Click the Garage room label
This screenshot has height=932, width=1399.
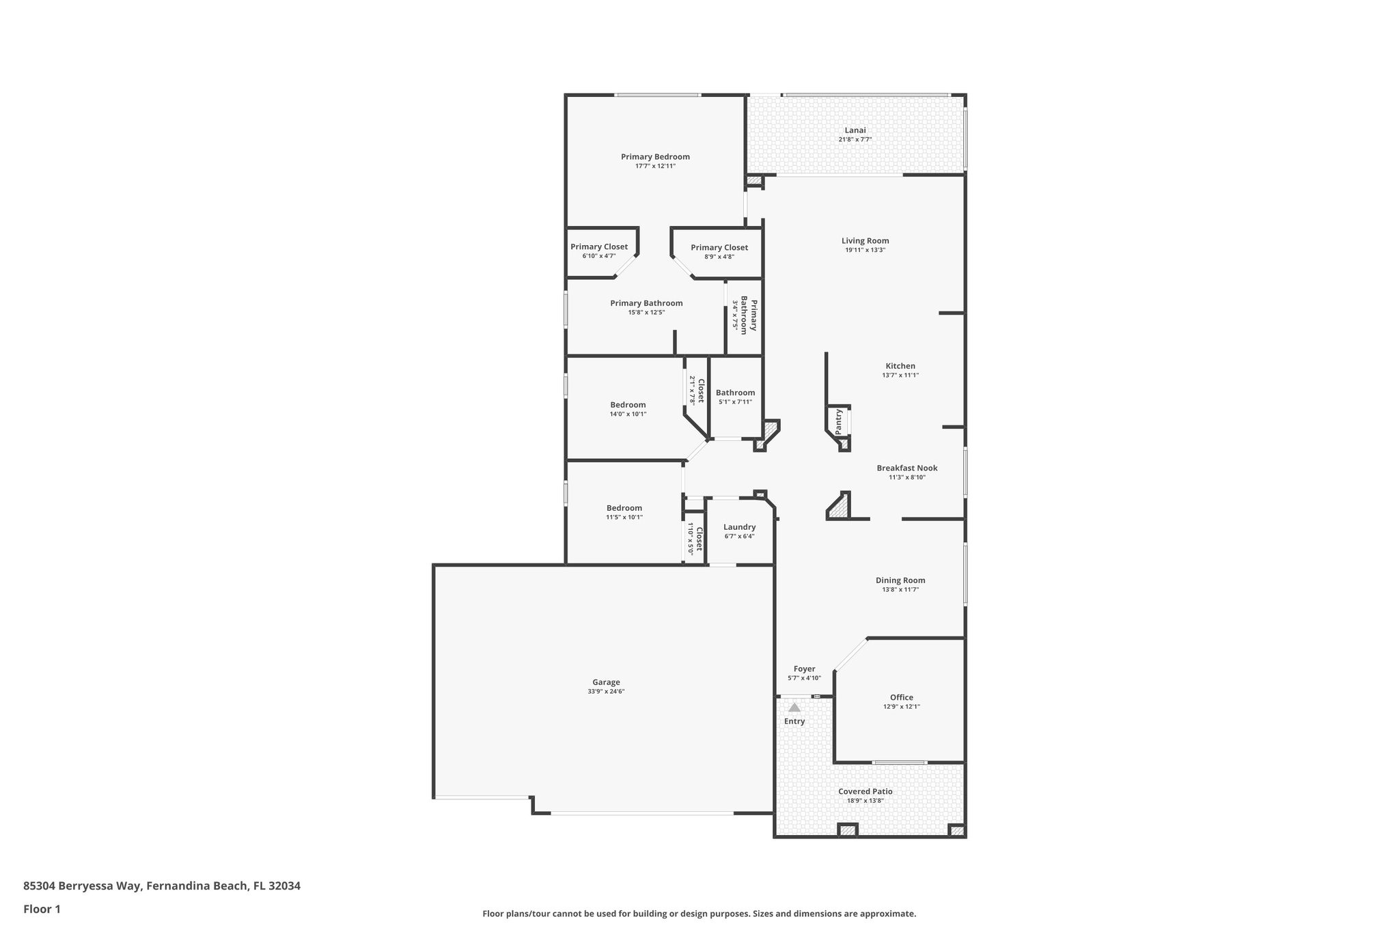[606, 682]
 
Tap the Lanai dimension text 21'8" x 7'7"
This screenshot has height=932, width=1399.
[855, 139]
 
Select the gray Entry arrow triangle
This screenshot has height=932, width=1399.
[794, 708]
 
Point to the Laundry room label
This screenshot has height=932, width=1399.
[739, 527]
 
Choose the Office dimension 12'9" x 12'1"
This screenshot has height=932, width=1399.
[901, 707]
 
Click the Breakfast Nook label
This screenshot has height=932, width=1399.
[906, 468]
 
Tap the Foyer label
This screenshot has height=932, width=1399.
[804, 669]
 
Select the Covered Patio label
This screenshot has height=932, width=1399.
[865, 791]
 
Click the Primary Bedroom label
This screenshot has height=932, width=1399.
[655, 156]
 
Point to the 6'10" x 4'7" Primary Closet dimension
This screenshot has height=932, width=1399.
[599, 256]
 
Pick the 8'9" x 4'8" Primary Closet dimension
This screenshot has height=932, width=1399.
[719, 257]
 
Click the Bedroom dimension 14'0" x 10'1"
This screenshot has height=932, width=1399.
[628, 414]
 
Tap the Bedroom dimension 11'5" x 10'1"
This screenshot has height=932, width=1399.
[624, 517]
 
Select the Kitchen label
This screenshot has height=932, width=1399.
[900, 366]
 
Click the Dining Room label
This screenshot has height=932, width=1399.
[900, 580]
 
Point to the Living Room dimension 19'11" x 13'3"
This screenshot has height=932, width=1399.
[865, 250]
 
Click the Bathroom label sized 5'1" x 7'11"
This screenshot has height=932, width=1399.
[735, 393]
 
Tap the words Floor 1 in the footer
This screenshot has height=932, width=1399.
[42, 909]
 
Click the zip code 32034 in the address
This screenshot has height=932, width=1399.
[284, 886]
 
